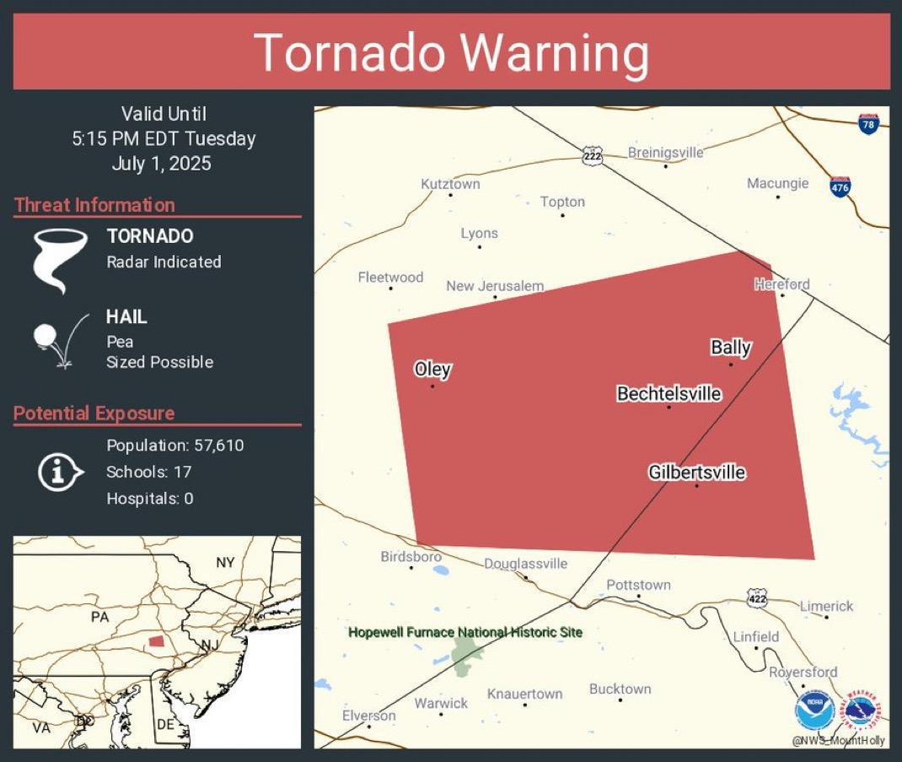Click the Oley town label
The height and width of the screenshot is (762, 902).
(x=432, y=370)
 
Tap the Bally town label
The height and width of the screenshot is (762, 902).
(x=731, y=347)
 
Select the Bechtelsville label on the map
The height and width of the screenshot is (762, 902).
(x=669, y=393)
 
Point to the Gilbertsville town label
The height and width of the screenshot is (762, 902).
(x=697, y=473)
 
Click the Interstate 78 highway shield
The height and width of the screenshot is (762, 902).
(x=867, y=124)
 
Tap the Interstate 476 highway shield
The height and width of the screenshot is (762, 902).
(x=840, y=186)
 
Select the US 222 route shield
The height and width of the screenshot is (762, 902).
(x=592, y=155)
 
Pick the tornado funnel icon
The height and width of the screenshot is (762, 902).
(x=60, y=260)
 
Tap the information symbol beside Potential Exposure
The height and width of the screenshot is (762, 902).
(x=59, y=472)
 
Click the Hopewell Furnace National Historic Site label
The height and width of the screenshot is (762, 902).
(x=465, y=632)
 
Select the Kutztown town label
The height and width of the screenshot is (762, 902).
(x=450, y=184)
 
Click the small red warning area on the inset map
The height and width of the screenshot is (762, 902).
(x=156, y=641)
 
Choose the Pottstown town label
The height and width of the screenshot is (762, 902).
(x=638, y=585)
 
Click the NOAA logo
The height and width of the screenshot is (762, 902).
(x=814, y=711)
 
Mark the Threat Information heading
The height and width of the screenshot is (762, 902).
(x=94, y=205)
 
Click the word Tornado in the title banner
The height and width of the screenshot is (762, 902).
(x=350, y=52)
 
